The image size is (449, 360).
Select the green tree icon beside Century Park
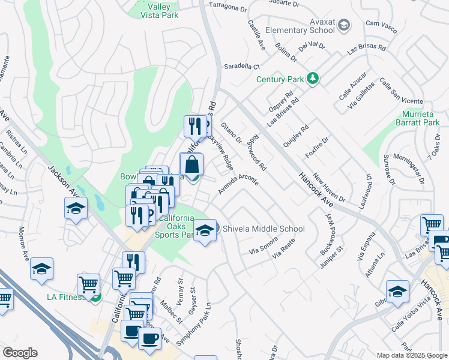(x=312, y=79)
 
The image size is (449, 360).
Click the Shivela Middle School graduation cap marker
(x=205, y=230)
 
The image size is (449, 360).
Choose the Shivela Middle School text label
(x=264, y=229)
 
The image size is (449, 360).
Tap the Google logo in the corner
(x=20, y=352)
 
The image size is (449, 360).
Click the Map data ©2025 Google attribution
(x=411, y=355)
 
